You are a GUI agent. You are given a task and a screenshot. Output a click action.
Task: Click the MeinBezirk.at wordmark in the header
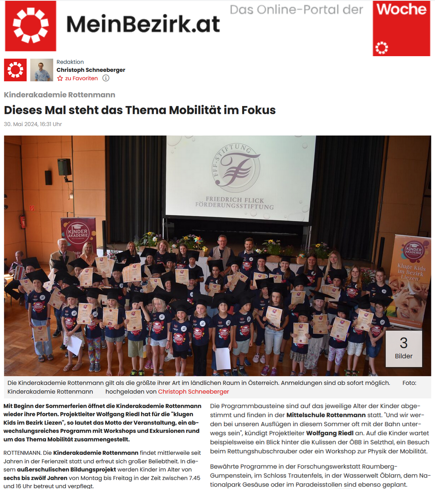(x=143, y=24)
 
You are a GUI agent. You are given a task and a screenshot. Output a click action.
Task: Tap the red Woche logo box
(x=401, y=28)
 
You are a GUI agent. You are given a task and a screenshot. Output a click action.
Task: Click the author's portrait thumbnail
(x=42, y=70)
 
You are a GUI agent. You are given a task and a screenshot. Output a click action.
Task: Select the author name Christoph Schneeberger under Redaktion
(x=91, y=70)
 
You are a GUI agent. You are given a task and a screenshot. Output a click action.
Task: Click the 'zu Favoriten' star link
(x=78, y=78)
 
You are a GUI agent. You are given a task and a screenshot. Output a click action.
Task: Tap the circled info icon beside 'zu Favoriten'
(x=106, y=78)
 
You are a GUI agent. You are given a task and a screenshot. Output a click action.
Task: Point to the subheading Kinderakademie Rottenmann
(x=60, y=95)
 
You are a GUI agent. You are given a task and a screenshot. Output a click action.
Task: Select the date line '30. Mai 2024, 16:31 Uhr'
(x=33, y=124)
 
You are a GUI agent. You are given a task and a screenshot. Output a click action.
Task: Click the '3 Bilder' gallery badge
(x=404, y=348)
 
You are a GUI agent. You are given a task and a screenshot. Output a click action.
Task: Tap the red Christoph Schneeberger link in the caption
(x=193, y=392)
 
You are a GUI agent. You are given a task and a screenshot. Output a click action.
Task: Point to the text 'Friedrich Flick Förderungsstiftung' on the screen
(x=235, y=203)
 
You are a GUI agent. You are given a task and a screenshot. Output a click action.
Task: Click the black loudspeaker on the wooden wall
(x=64, y=167)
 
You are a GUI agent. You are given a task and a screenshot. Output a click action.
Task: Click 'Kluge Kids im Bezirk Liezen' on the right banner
(x=411, y=272)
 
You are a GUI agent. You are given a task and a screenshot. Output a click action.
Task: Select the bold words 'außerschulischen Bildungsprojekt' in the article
(x=66, y=469)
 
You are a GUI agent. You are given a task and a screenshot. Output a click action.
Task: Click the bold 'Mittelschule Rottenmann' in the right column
(x=326, y=415)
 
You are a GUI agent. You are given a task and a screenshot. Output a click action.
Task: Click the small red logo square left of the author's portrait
(x=15, y=70)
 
